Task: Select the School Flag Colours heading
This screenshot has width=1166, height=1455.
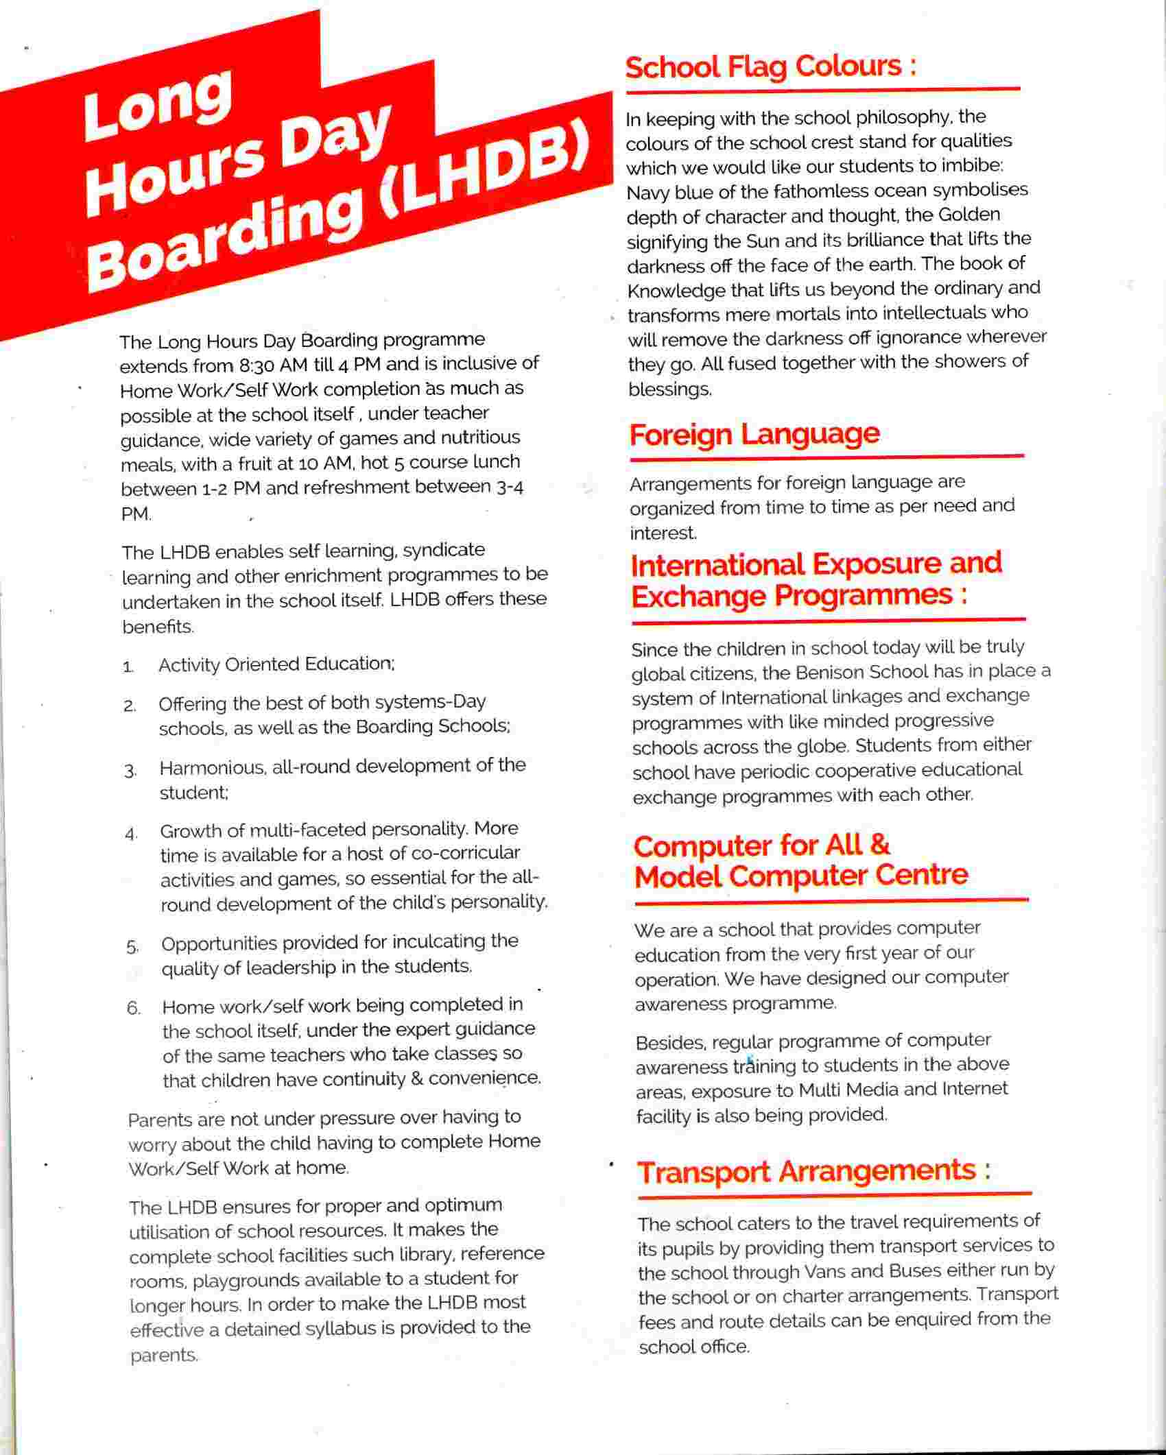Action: [770, 67]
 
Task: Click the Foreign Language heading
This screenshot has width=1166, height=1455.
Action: [754, 434]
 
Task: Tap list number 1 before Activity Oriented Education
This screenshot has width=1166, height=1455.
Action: [128, 667]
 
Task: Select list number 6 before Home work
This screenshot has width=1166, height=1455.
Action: [133, 1009]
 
